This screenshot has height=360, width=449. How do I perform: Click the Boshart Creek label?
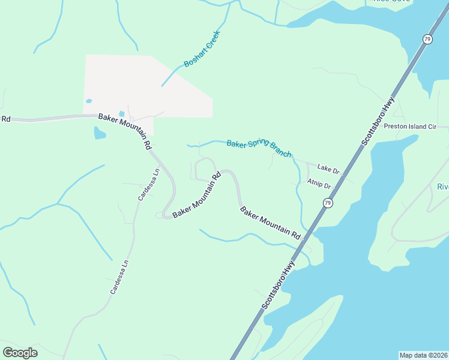202,49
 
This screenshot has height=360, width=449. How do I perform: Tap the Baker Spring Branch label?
259,148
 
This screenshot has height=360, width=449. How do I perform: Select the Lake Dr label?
328,170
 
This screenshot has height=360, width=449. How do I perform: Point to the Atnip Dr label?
319,184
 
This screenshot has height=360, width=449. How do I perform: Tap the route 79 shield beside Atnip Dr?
328,203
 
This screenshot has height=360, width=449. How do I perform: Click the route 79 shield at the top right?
427,39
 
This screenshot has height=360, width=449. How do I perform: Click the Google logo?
20,353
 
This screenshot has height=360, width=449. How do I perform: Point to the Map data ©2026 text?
423,355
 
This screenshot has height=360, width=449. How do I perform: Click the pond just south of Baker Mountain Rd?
100,133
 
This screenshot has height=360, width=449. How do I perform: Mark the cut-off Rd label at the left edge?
6,119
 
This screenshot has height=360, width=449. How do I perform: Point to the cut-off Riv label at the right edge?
443,187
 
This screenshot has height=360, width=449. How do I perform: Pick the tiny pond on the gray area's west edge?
89,101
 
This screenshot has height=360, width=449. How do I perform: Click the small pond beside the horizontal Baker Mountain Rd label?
121,113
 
